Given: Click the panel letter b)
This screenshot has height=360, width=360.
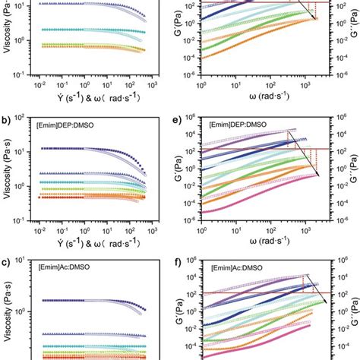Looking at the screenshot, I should (x=7, y=121).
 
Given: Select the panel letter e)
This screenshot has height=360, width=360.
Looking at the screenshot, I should (x=177, y=121).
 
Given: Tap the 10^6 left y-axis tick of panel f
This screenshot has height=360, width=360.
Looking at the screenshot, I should (x=192, y=261).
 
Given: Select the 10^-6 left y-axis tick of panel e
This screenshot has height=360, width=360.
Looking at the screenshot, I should (x=191, y=219).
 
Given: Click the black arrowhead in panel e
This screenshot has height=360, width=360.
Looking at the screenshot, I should (x=317, y=175).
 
